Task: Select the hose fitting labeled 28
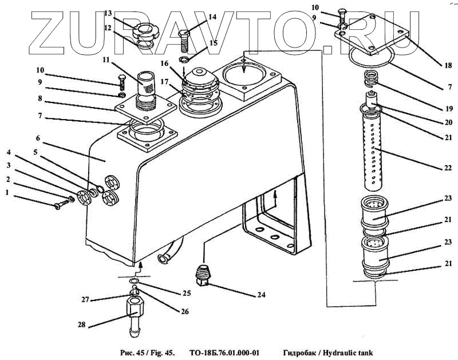(134, 318)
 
